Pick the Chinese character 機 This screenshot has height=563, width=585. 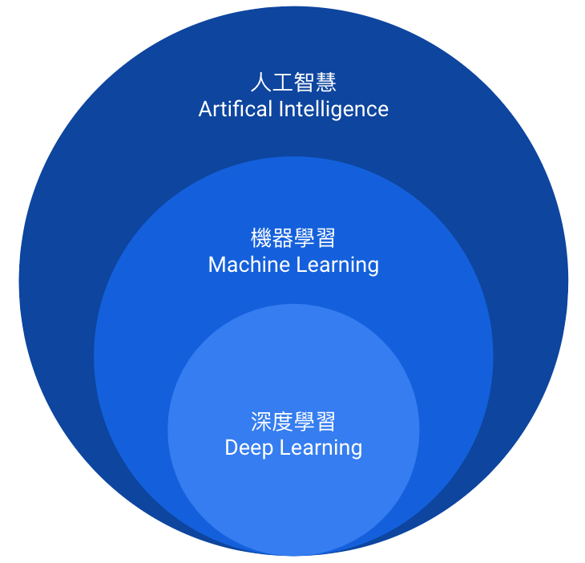pyautogui.click(x=261, y=238)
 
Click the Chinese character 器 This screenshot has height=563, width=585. pyautogui.click(x=283, y=238)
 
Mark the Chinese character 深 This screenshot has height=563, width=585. pyautogui.click(x=261, y=422)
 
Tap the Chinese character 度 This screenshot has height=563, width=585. pyautogui.click(x=283, y=422)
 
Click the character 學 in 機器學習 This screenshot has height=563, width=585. pyautogui.click(x=305, y=238)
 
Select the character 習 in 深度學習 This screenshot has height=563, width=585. pyautogui.click(x=325, y=422)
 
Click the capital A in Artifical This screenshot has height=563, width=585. pyautogui.click(x=205, y=109)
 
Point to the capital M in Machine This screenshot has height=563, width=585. pyautogui.click(x=216, y=265)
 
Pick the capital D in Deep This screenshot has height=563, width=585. pyautogui.click(x=231, y=448)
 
